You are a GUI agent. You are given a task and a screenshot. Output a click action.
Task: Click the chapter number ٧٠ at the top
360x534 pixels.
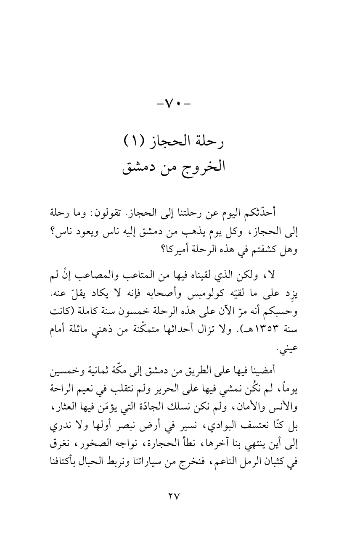[180, 101]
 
